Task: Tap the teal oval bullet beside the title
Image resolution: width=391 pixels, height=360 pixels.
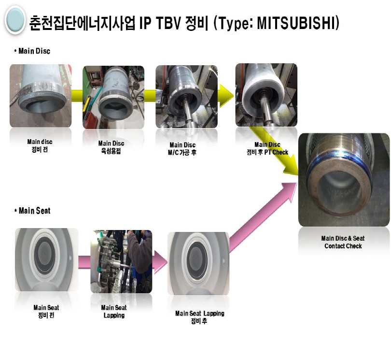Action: (15, 20)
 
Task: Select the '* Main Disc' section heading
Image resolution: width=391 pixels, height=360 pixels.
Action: (32, 51)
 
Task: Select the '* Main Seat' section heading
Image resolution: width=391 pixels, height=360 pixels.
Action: (32, 211)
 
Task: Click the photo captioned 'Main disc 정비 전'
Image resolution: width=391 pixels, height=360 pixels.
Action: (41, 96)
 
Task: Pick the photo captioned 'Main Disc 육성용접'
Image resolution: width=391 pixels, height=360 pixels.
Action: (113, 97)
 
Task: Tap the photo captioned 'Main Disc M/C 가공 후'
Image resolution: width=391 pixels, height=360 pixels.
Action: (186, 97)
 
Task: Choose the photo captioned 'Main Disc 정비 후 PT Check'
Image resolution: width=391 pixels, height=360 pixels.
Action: (266, 95)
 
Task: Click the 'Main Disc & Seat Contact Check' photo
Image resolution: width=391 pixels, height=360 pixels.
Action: (344, 180)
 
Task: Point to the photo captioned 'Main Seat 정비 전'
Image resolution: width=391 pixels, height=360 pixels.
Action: (47, 259)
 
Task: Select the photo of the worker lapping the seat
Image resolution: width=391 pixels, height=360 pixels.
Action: (121, 261)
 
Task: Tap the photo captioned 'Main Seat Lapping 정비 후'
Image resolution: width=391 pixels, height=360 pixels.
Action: (198, 263)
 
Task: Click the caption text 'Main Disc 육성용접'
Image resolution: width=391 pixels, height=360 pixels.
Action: (111, 147)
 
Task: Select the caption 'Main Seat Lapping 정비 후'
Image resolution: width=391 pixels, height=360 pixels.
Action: (199, 317)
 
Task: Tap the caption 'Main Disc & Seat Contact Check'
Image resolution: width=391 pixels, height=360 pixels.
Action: (343, 242)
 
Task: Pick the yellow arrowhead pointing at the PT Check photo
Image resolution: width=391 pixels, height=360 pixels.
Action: (226, 96)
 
